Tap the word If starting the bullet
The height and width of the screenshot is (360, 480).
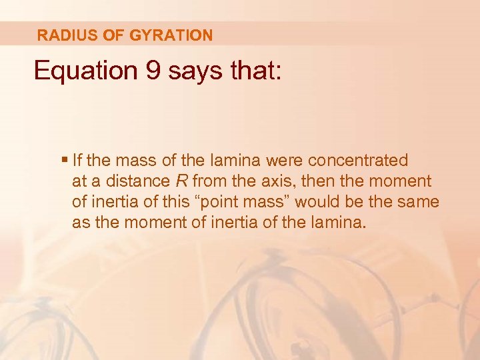pos(77,161)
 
